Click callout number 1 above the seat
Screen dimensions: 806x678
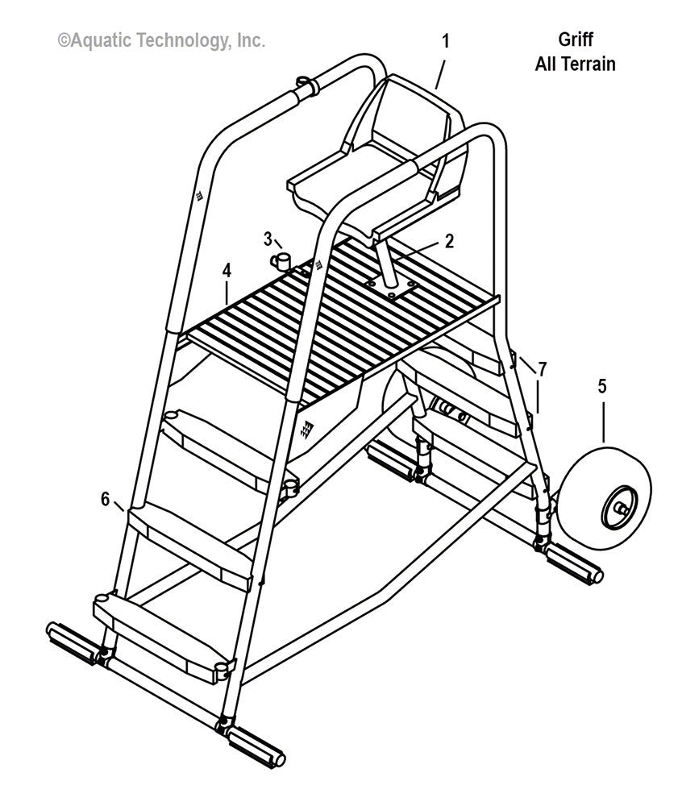445,40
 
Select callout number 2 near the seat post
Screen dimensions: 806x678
449,239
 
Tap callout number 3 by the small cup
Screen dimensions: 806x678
268,238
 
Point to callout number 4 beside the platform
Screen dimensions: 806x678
228,272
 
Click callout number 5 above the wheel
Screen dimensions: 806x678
602,387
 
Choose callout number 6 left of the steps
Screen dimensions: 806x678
105,500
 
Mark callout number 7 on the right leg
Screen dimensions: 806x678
542,369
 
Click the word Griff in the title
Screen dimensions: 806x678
575,40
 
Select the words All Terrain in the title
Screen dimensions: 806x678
575,64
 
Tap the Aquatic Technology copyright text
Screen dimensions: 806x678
160,40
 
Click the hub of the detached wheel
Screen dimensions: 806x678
618,508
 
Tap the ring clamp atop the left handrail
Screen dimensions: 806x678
304,85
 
